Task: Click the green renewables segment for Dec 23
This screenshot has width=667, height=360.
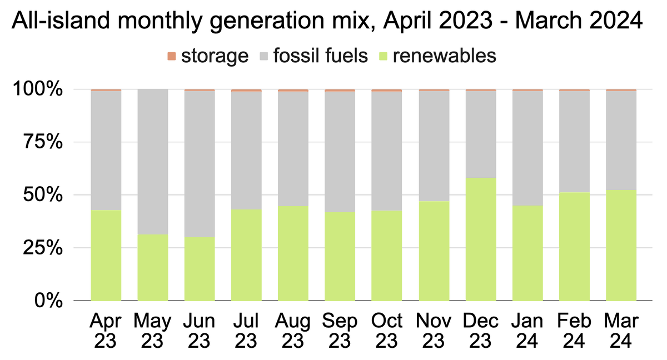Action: pos(481,239)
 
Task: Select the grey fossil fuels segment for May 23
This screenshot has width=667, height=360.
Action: pos(153,162)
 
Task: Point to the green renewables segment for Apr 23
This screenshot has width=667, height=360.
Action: pos(106,256)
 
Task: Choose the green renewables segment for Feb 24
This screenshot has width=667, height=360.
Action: pos(575,247)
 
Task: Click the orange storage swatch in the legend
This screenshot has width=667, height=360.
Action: pos(172,56)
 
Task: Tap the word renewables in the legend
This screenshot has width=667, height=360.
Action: pos(444,56)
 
